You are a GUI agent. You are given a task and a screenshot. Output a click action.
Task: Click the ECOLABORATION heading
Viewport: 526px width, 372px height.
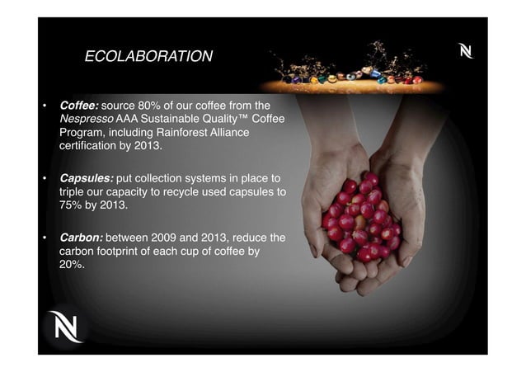[148, 57]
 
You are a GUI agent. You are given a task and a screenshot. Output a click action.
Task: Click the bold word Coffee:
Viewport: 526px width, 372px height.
[79, 106]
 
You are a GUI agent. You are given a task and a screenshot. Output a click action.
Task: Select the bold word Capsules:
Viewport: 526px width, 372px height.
[87, 178]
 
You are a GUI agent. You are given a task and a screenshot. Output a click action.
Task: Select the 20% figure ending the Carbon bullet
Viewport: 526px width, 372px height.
[72, 266]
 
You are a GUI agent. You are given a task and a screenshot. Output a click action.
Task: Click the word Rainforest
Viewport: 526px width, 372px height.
[192, 134]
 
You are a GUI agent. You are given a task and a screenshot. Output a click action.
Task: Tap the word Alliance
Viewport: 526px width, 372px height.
[246, 134]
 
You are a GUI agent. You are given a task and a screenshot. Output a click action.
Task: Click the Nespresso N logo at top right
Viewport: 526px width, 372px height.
[467, 52]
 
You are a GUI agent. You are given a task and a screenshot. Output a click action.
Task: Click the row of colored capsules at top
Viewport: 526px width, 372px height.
[355, 78]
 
